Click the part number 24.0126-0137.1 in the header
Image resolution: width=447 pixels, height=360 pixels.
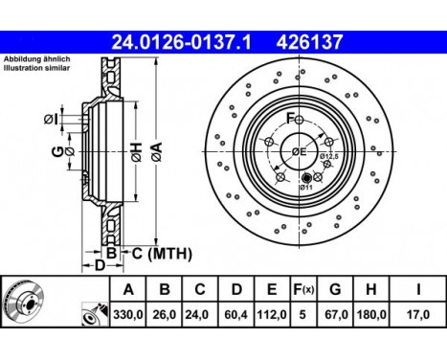(181, 42)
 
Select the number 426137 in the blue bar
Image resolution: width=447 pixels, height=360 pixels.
(309, 42)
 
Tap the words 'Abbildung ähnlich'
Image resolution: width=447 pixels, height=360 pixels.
(37, 59)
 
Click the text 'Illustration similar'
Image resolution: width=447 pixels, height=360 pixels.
(36, 68)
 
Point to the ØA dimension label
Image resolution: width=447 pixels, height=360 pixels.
(156, 152)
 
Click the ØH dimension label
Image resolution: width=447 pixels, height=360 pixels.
(136, 152)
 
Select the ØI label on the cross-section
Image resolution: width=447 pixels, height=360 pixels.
(51, 120)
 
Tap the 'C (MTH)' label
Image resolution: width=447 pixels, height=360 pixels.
(162, 254)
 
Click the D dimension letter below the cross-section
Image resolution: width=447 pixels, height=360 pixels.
(100, 265)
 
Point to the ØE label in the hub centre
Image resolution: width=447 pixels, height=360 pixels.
(299, 152)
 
